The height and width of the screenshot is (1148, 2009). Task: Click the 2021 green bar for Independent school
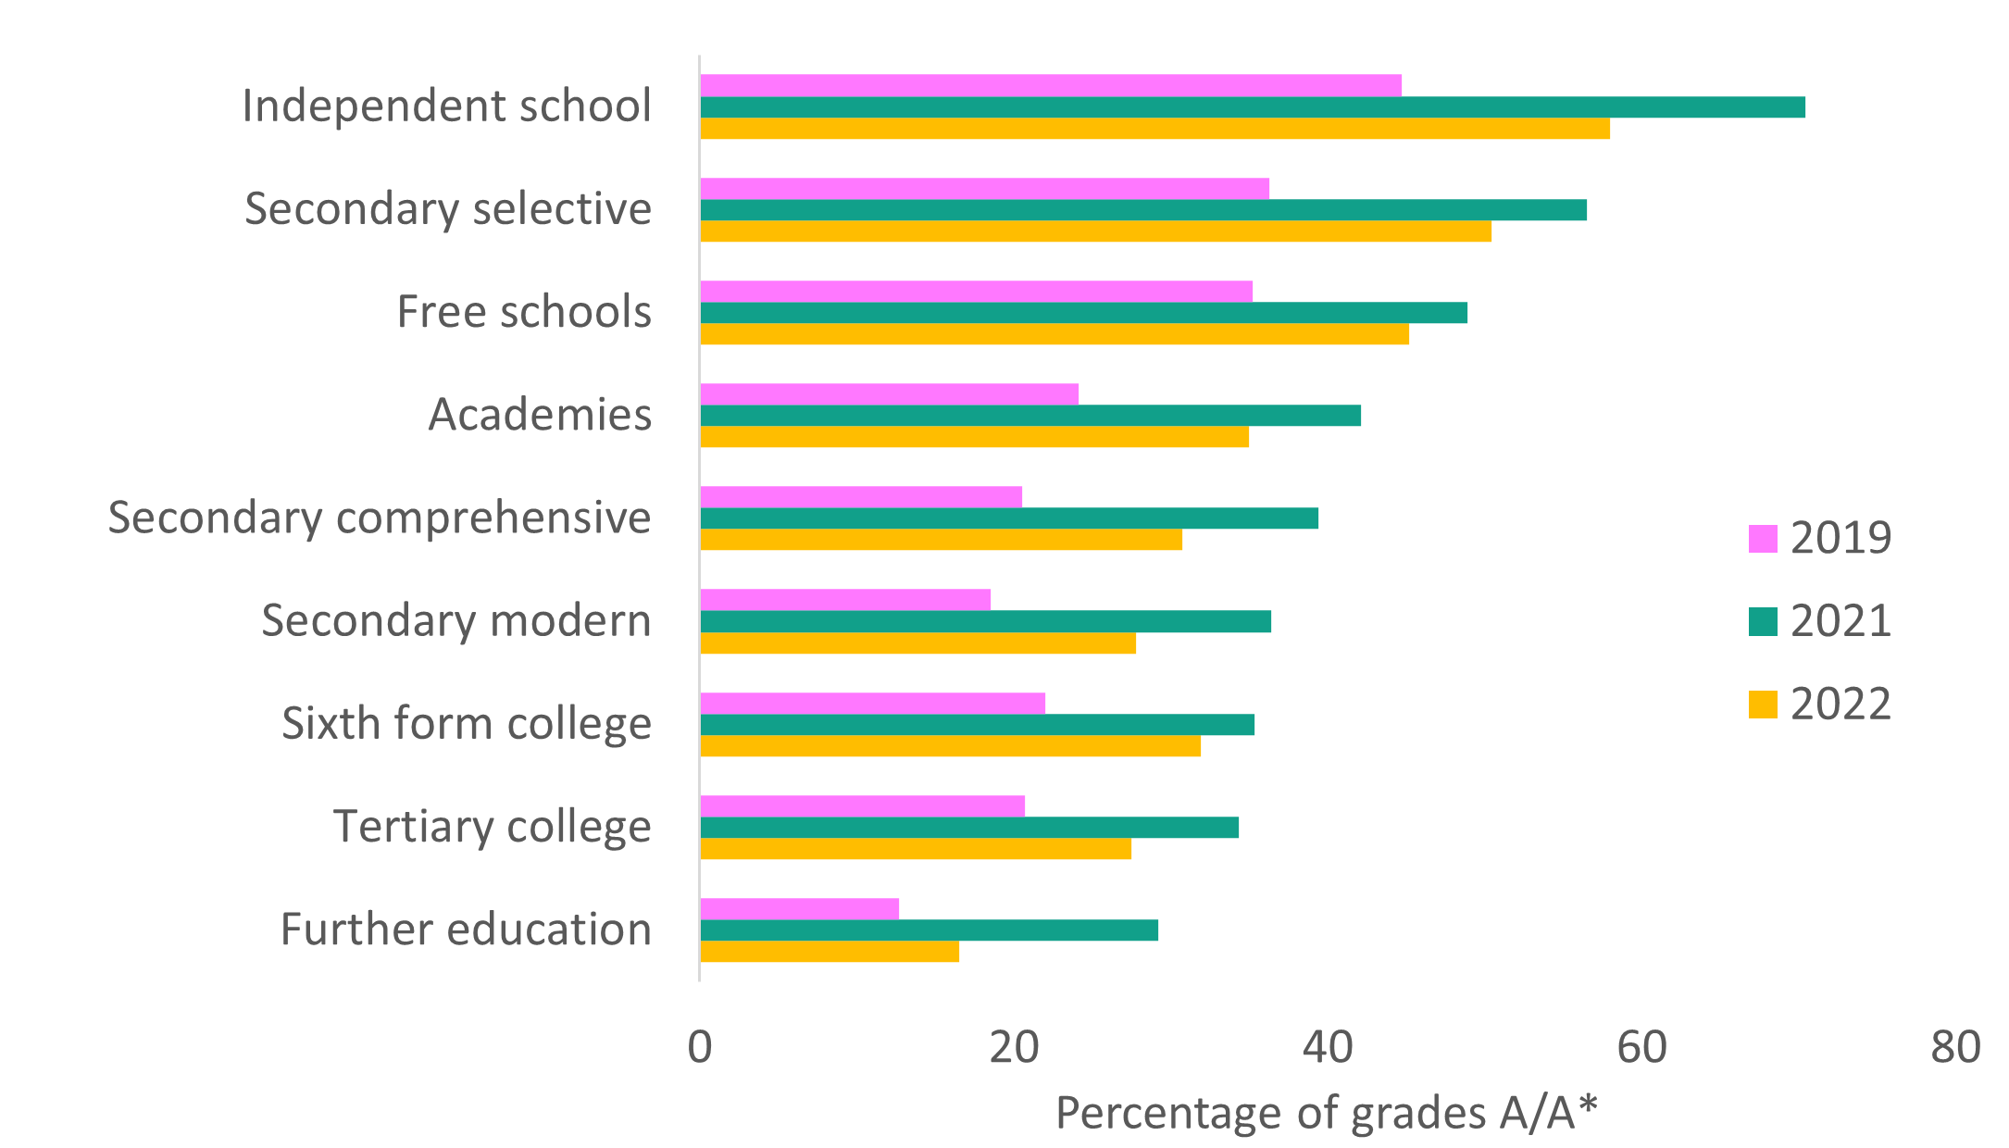click(x=1252, y=107)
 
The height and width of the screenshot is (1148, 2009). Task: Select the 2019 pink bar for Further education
click(x=799, y=909)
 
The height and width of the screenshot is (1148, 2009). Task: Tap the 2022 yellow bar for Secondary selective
click(x=1095, y=231)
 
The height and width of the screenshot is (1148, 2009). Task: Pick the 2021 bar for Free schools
click(x=1083, y=313)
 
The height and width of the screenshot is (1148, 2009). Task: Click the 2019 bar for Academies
click(x=889, y=394)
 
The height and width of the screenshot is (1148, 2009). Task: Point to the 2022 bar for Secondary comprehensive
click(x=941, y=540)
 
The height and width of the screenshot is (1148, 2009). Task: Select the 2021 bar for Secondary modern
click(x=985, y=621)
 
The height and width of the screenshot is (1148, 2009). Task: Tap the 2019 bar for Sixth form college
click(x=872, y=704)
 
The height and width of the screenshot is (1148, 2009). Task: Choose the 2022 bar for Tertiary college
click(x=916, y=849)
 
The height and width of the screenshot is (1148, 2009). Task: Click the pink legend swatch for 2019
click(x=1763, y=539)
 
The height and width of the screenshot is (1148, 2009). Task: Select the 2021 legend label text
click(x=1841, y=621)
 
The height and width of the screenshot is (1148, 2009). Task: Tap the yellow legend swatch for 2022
click(x=1763, y=705)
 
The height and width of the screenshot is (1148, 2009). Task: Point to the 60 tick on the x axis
click(x=1641, y=1047)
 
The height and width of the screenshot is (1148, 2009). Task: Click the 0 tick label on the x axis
click(x=700, y=1047)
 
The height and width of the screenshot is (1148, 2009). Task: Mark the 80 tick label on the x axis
click(x=1955, y=1047)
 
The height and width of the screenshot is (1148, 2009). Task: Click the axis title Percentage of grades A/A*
click(x=1327, y=1113)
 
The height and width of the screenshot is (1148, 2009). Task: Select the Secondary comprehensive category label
click(x=380, y=518)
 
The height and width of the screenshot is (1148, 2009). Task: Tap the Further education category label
click(x=466, y=930)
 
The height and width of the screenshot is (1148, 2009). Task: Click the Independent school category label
click(x=446, y=106)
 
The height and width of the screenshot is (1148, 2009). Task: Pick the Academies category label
click(x=540, y=415)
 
